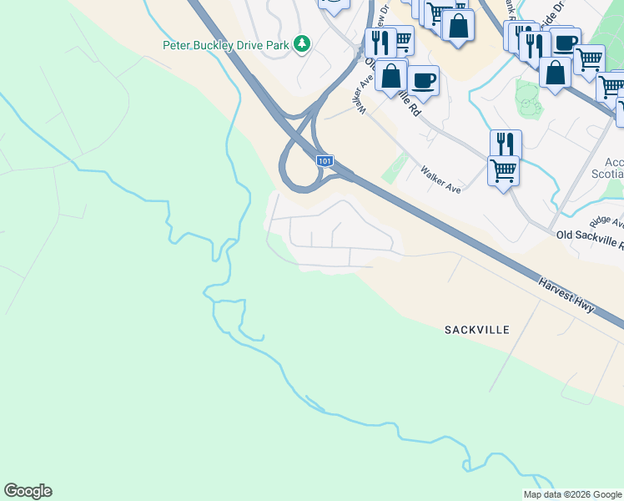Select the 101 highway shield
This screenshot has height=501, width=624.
(x=325, y=159)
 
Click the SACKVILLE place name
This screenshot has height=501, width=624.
(x=476, y=330)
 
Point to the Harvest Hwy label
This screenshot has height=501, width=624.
(x=566, y=296)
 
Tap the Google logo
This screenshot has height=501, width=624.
(x=28, y=491)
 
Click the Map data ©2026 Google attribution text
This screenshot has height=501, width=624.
(x=571, y=494)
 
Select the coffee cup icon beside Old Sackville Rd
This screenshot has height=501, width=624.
(x=424, y=79)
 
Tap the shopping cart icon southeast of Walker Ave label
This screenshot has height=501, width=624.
(x=503, y=170)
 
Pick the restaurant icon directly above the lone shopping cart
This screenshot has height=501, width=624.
(x=505, y=143)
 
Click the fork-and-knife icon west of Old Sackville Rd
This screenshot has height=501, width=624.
(x=380, y=42)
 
